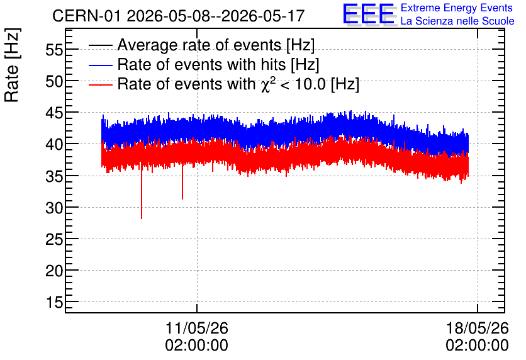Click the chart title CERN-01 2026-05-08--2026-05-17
click(179, 16)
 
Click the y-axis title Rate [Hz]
click(12, 65)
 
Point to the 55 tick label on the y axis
click(54, 50)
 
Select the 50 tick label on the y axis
click(54, 82)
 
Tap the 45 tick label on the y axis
click(54, 113)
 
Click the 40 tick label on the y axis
click(54, 145)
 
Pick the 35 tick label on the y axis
click(54, 176)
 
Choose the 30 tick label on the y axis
click(54, 208)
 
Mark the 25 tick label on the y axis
click(54, 240)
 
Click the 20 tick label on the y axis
click(54, 271)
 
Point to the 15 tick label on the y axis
click(54, 302)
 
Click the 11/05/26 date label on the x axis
click(197, 328)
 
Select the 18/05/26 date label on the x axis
click(478, 328)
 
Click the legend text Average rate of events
click(199, 45)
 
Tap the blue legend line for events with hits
click(101, 65)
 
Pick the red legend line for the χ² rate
click(101, 85)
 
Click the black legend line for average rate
click(101, 45)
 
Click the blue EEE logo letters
click(369, 14)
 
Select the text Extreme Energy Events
click(457, 8)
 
